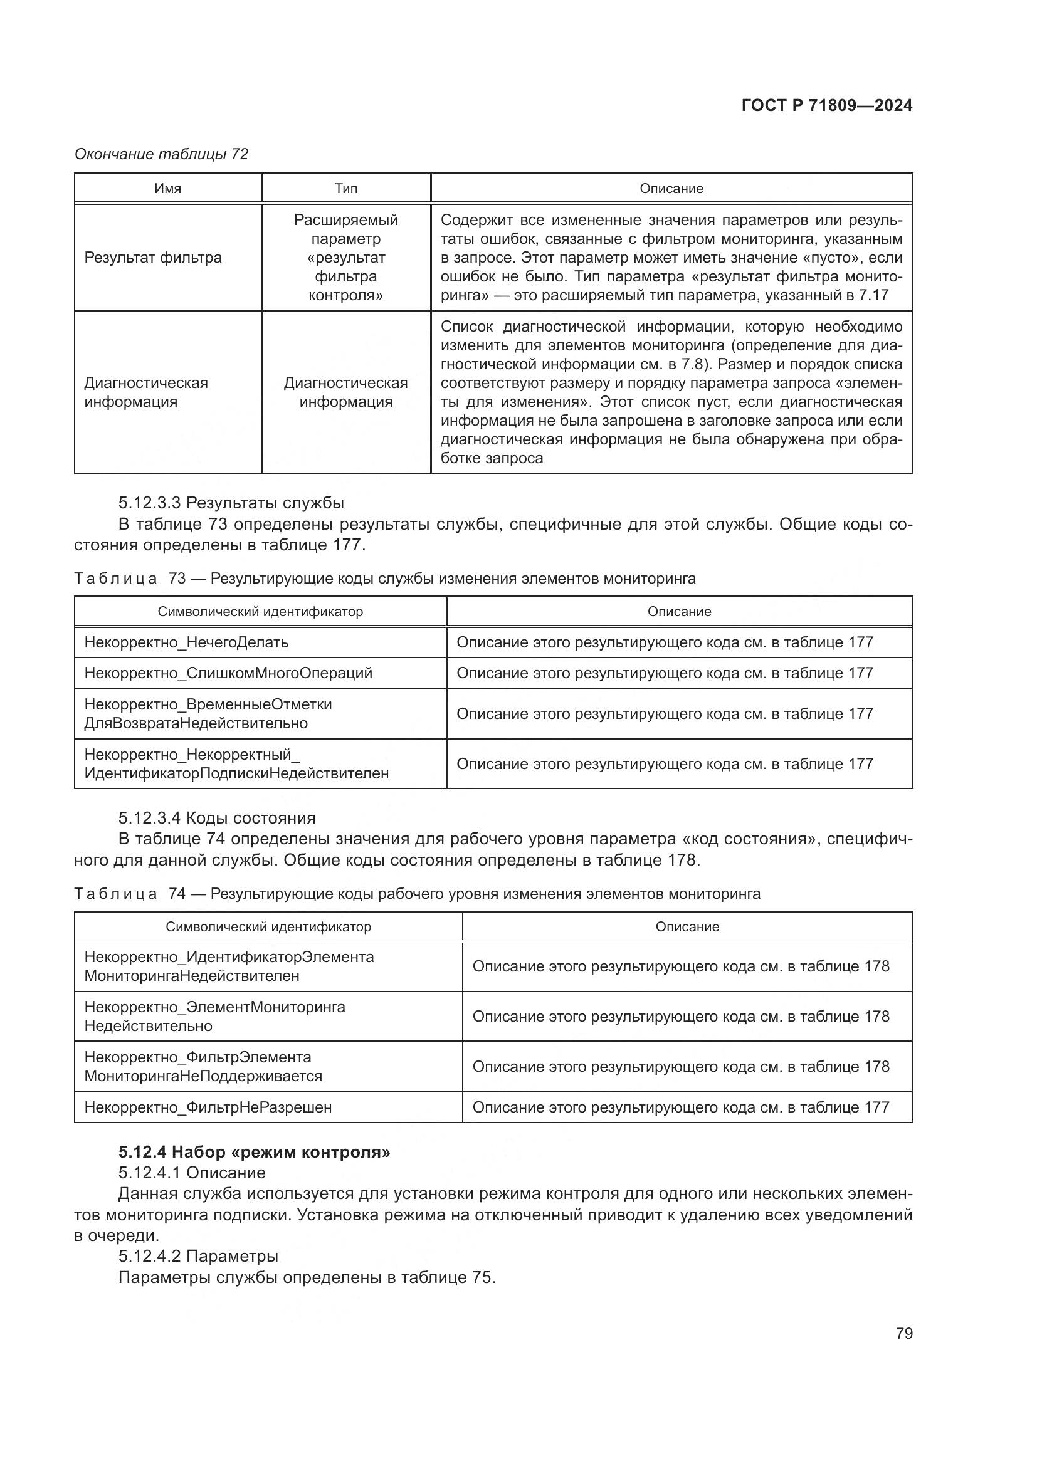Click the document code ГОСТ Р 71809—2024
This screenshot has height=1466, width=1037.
(x=826, y=105)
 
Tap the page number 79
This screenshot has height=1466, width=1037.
(x=903, y=1333)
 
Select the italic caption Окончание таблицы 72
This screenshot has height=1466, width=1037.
(x=161, y=154)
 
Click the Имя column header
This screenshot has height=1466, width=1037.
(x=167, y=189)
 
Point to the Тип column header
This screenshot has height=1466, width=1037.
(x=345, y=189)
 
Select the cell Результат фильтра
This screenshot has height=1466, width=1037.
(x=152, y=258)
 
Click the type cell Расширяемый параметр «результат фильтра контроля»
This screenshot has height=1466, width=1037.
(x=345, y=258)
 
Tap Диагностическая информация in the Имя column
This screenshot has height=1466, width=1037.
(x=145, y=392)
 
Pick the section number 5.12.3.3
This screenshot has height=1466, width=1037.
(x=149, y=503)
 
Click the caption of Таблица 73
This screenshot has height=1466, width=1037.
(x=384, y=579)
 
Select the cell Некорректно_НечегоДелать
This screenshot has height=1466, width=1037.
(x=186, y=642)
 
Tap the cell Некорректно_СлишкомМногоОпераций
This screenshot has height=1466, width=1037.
(x=228, y=673)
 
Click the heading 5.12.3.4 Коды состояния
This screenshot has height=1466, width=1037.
(x=216, y=818)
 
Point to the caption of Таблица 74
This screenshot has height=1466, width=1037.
(x=416, y=893)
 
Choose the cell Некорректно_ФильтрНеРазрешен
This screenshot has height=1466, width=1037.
(x=208, y=1107)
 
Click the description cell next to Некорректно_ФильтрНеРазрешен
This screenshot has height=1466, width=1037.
(x=680, y=1107)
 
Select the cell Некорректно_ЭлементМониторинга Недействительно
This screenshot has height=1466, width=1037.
(x=214, y=1017)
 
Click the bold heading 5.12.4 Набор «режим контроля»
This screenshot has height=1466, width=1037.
(x=254, y=1152)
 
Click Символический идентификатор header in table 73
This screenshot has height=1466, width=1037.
(x=260, y=612)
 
